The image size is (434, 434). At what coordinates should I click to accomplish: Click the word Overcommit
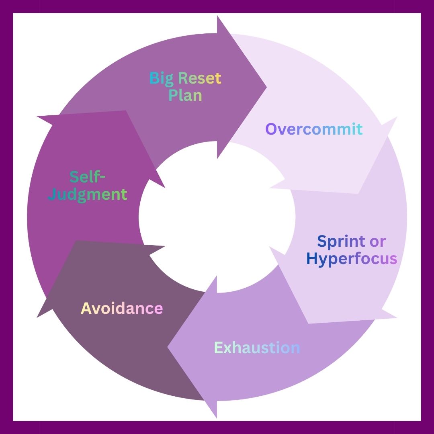tap(314, 129)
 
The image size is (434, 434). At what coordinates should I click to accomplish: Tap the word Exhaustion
tap(257, 348)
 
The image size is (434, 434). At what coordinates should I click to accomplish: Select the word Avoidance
tap(122, 309)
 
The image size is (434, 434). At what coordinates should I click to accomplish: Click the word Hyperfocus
tap(352, 259)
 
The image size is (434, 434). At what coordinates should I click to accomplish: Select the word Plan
tap(185, 95)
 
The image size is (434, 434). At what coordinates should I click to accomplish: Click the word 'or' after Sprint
tap(378, 242)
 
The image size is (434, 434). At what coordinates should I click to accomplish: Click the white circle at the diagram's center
tap(217, 217)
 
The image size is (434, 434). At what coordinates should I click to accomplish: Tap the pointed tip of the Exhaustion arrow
tap(168, 346)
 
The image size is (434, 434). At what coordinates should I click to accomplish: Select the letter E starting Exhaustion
tap(219, 348)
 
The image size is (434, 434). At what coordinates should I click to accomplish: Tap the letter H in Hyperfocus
tap(312, 259)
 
